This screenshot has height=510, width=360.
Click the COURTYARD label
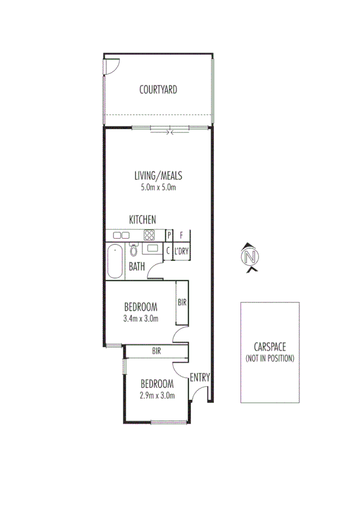[158, 90]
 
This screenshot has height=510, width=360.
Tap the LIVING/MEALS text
[158, 176]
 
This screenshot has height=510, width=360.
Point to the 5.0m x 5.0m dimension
[158, 187]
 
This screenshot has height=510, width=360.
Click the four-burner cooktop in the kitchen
[149, 235]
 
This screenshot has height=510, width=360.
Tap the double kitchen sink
[121, 235]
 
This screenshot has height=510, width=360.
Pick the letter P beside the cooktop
[169, 235]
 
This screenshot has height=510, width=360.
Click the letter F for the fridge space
[181, 235]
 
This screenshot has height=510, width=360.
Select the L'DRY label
[182, 252]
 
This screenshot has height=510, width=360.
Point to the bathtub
[115, 261]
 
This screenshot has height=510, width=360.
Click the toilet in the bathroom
[133, 249]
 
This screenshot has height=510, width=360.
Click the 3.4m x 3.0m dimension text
[141, 318]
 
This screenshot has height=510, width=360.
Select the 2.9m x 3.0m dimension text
[157, 396]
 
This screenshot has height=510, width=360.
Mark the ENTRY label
[200, 378]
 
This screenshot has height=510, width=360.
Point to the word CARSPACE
[270, 348]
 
